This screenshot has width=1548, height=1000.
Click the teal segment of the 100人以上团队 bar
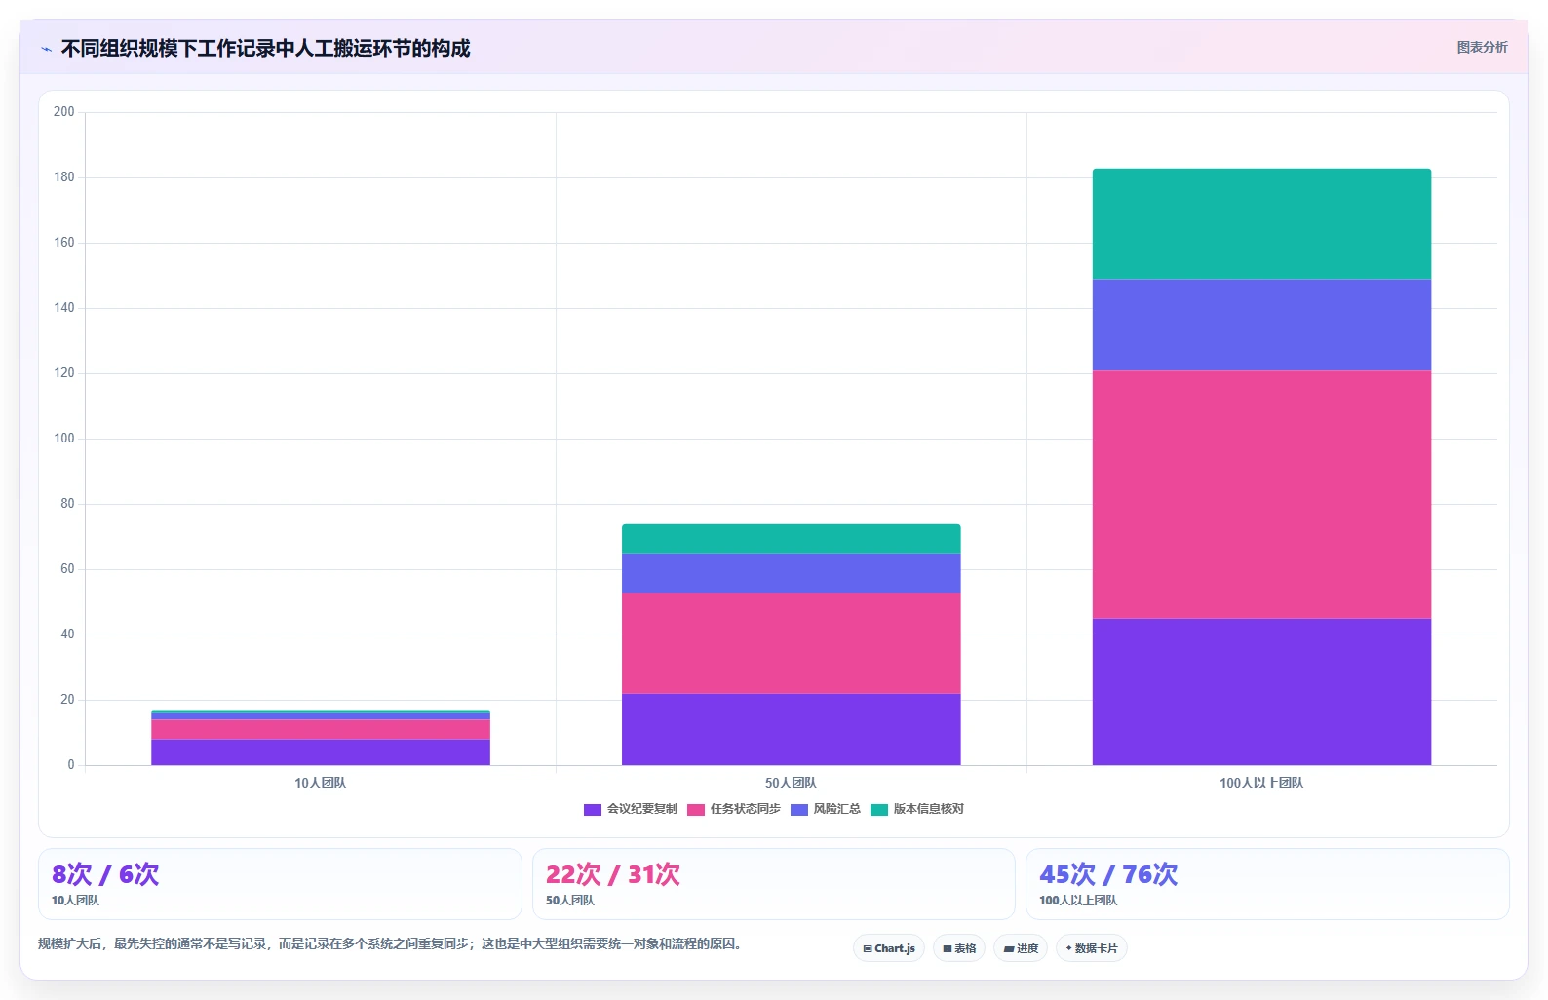[x=1261, y=224]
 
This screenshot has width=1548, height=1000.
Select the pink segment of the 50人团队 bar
[x=791, y=642]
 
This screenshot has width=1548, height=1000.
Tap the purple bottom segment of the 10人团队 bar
[x=321, y=751]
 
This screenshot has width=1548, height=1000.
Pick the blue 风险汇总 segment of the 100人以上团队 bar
[x=1261, y=325]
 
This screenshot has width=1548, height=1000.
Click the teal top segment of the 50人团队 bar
[x=791, y=539]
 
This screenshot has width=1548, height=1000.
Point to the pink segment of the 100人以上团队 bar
[x=1261, y=495]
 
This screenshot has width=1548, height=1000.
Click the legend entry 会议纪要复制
[x=631, y=809]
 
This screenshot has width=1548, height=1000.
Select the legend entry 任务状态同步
[x=734, y=809]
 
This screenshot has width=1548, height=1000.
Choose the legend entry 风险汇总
[x=826, y=809]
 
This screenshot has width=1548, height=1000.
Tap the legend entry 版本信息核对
[x=917, y=809]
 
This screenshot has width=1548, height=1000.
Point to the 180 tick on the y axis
[x=64, y=177]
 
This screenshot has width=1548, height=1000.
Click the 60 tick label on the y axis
[x=67, y=569]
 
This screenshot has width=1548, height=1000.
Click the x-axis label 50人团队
[x=791, y=783]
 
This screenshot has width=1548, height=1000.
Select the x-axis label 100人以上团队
[x=1261, y=783]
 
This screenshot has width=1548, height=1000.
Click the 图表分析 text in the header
[x=1483, y=47]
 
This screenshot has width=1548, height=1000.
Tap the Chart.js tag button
[x=889, y=948]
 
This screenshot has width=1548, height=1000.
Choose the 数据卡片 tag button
[x=1091, y=948]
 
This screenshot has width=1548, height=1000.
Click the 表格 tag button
[x=959, y=948]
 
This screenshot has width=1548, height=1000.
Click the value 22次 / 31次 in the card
[x=613, y=874]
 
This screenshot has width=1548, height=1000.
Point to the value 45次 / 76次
[x=1108, y=874]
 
